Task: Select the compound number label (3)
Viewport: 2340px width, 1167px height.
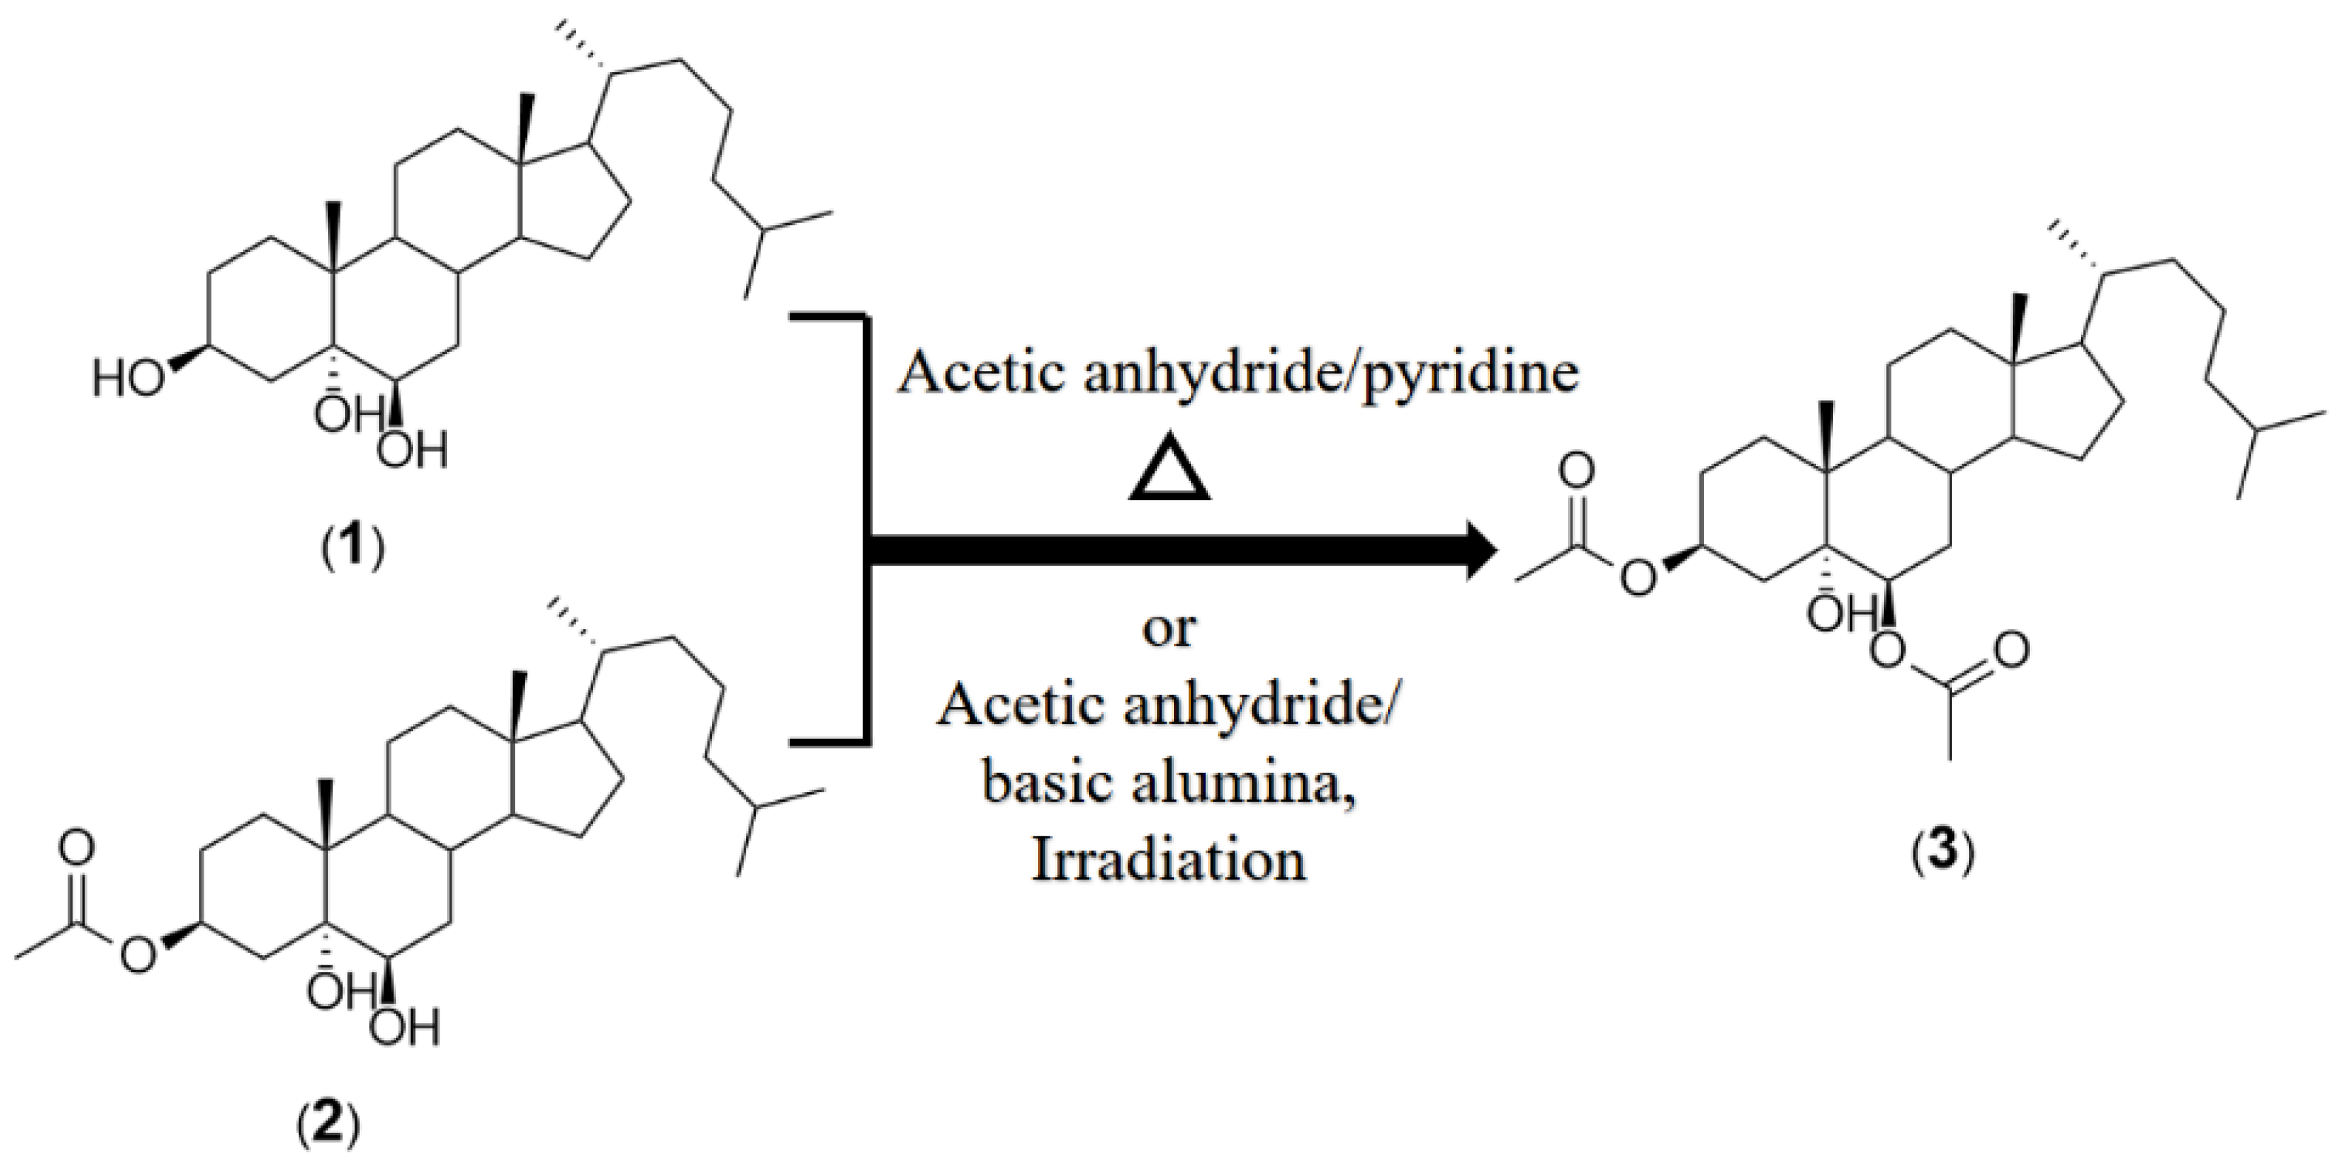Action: pyautogui.click(x=1943, y=857)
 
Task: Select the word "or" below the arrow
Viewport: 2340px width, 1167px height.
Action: pyautogui.click(x=1169, y=629)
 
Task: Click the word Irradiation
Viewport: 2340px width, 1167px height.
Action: pyautogui.click(x=1169, y=859)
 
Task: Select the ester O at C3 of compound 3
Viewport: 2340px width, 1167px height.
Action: pyautogui.click(x=1637, y=578)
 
